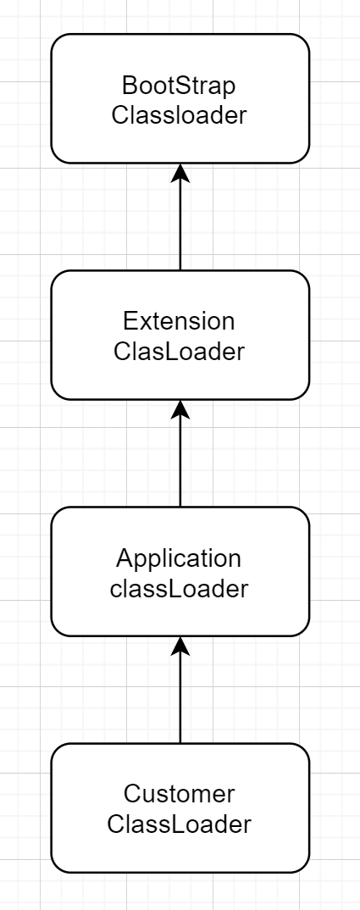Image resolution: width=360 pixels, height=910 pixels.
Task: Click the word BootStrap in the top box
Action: pyautogui.click(x=179, y=86)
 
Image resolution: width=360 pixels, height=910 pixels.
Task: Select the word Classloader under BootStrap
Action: pyautogui.click(x=179, y=114)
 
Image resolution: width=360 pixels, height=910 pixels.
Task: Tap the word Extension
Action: pyautogui.click(x=179, y=322)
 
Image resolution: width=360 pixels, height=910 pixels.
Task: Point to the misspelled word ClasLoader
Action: pyautogui.click(x=179, y=351)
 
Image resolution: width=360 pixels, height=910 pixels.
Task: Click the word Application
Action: pyautogui.click(x=179, y=558)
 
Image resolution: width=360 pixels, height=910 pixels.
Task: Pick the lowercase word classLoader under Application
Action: pyautogui.click(x=179, y=588)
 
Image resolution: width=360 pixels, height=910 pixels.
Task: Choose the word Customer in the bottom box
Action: pyautogui.click(x=179, y=795)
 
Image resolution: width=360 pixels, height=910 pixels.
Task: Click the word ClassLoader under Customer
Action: pyautogui.click(x=179, y=824)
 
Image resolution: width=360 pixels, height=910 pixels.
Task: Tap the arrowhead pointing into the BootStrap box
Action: pyautogui.click(x=180, y=173)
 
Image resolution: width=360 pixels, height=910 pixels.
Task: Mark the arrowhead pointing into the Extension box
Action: pyautogui.click(x=180, y=409)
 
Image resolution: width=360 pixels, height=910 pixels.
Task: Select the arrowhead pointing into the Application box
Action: pyautogui.click(x=180, y=646)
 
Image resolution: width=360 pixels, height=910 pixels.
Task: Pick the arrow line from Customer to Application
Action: pyautogui.click(x=180, y=700)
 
